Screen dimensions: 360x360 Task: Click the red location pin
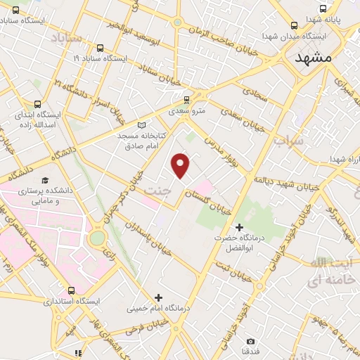coord(181,165)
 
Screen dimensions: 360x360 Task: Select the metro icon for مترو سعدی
coord(186,100)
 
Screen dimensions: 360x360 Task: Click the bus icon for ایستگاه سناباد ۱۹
coord(100,49)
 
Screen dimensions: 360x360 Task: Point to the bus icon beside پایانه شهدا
coord(322,9)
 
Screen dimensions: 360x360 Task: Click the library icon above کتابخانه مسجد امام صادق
coord(141,125)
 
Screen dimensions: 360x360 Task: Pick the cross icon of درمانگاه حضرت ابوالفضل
coord(239,227)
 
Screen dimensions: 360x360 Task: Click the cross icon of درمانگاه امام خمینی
coord(158,298)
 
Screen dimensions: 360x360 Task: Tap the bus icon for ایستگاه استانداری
coord(71,290)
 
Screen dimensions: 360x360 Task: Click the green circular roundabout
coord(97,238)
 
